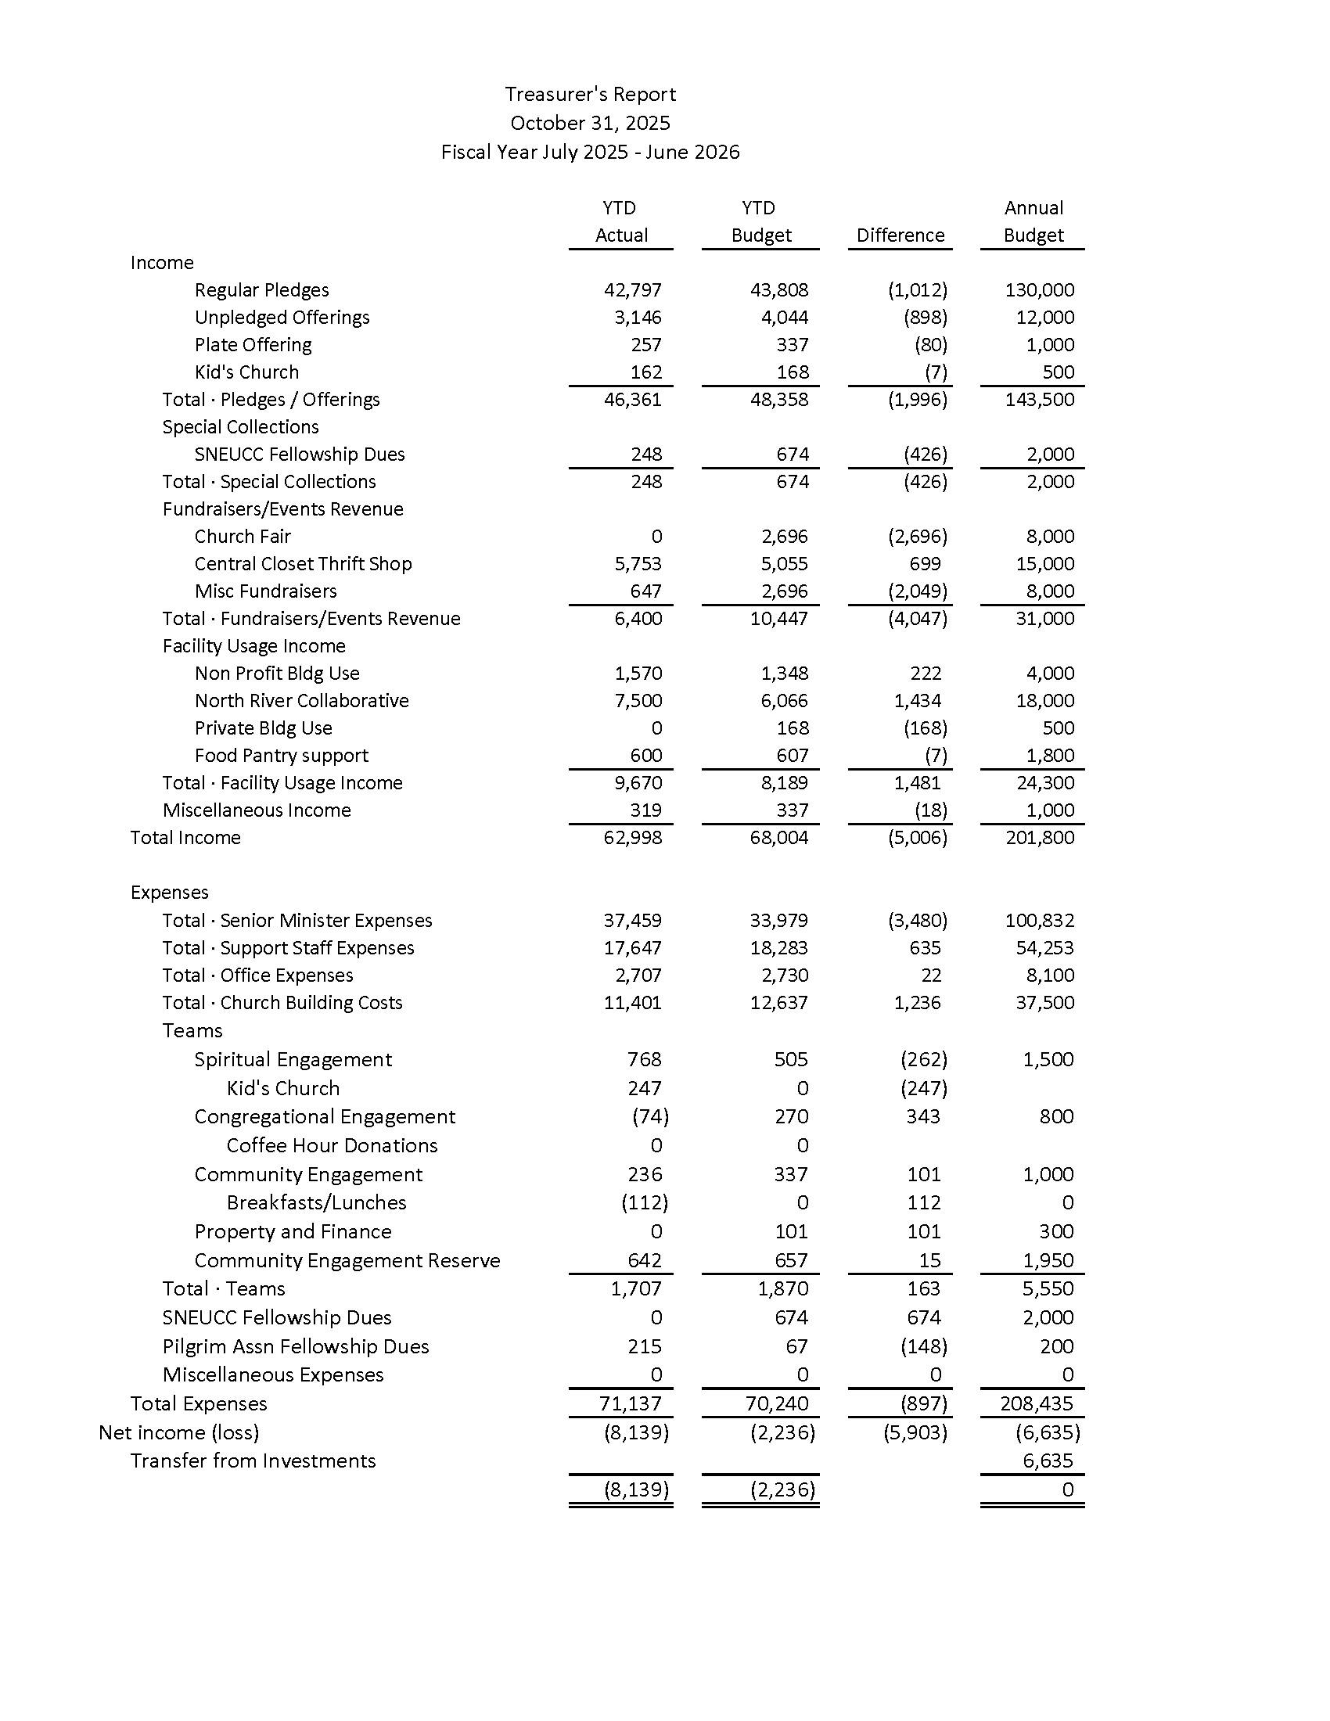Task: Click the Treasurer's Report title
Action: click(x=590, y=95)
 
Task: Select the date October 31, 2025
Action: click(x=590, y=123)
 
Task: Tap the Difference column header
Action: click(x=900, y=235)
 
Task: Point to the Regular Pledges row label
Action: click(x=261, y=290)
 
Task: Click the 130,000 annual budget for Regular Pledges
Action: click(x=1039, y=290)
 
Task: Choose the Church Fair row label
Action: click(x=243, y=537)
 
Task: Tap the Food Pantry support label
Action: click(x=282, y=756)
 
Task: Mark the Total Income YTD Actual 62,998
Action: click(x=633, y=838)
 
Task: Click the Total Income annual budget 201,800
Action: click(x=1039, y=838)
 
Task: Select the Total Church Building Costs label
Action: click(x=282, y=1003)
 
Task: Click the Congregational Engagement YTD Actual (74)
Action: click(x=650, y=1116)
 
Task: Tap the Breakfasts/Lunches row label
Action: click(x=316, y=1202)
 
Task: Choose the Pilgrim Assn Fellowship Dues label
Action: click(x=296, y=1347)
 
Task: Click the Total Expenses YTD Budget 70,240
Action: click(x=776, y=1403)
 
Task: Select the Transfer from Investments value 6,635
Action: click(x=1047, y=1461)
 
